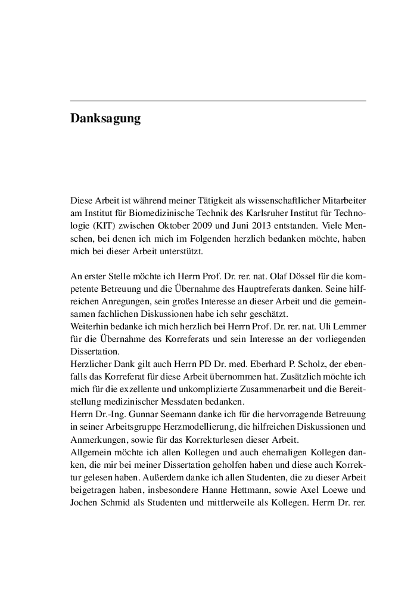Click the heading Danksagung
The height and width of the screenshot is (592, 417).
tap(105, 119)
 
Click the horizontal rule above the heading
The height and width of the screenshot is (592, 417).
tap(218, 101)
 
